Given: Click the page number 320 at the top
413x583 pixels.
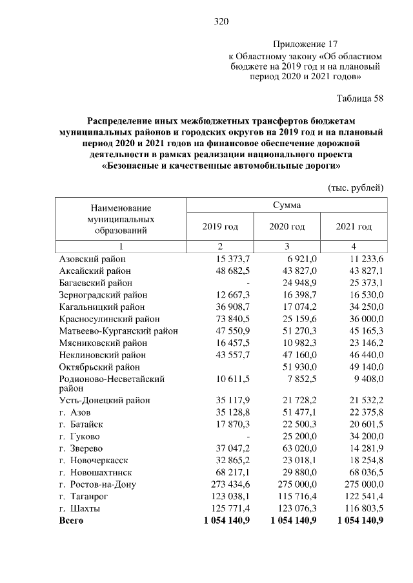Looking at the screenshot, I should [222, 22].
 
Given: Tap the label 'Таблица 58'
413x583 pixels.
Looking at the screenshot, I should [360, 99].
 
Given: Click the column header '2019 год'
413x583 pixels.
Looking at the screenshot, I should [220, 227].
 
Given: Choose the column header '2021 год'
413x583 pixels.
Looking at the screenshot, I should [354, 227].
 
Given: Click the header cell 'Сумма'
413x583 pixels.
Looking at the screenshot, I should [287, 205].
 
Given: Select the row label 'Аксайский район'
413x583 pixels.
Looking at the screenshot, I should [95, 271].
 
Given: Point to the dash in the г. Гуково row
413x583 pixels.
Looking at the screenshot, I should [248, 436].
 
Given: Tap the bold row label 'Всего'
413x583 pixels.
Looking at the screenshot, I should [71, 520].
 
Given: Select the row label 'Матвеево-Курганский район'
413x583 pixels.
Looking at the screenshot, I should [118, 331].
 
